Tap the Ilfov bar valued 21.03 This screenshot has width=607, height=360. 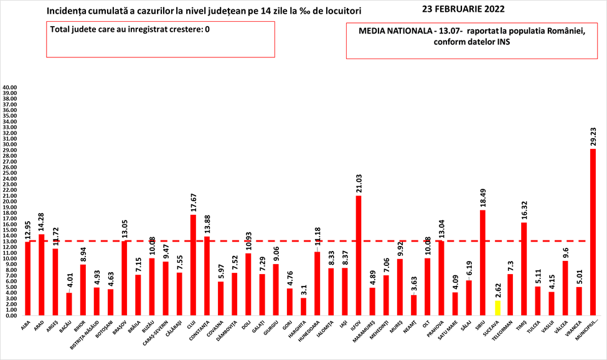(359, 255)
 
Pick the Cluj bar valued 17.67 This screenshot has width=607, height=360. (193, 265)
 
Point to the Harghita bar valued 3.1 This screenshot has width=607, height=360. (303, 306)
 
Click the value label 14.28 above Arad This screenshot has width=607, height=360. (41, 221)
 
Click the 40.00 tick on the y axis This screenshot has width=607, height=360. (10, 88)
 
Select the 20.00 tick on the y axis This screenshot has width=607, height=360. (10, 202)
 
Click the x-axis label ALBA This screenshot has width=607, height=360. (26, 324)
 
